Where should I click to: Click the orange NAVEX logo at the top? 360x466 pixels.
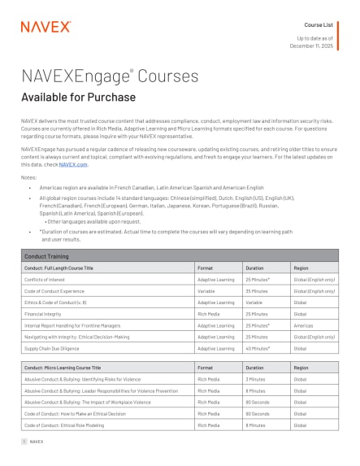(x=39, y=26)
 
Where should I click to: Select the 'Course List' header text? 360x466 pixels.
(x=318, y=25)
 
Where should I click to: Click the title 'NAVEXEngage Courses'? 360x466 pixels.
(x=110, y=76)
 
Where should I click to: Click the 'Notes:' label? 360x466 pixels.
(x=29, y=176)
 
